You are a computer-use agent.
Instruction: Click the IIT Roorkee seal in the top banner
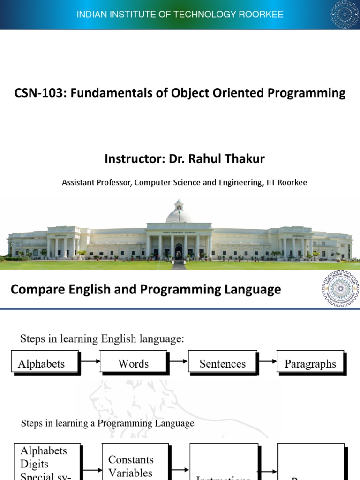(x=345, y=14)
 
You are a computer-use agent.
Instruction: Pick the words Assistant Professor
(x=97, y=182)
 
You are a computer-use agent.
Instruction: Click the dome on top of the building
(x=179, y=213)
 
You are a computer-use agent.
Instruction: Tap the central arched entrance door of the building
(x=179, y=250)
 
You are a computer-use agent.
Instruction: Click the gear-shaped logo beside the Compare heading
(x=340, y=288)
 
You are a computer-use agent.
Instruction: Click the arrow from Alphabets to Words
(x=90, y=361)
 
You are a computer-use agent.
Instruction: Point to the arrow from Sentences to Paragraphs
(x=267, y=361)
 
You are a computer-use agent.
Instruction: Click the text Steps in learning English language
(x=102, y=339)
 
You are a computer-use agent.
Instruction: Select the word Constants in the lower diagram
(x=131, y=459)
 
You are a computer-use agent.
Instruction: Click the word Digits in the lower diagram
(x=34, y=464)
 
